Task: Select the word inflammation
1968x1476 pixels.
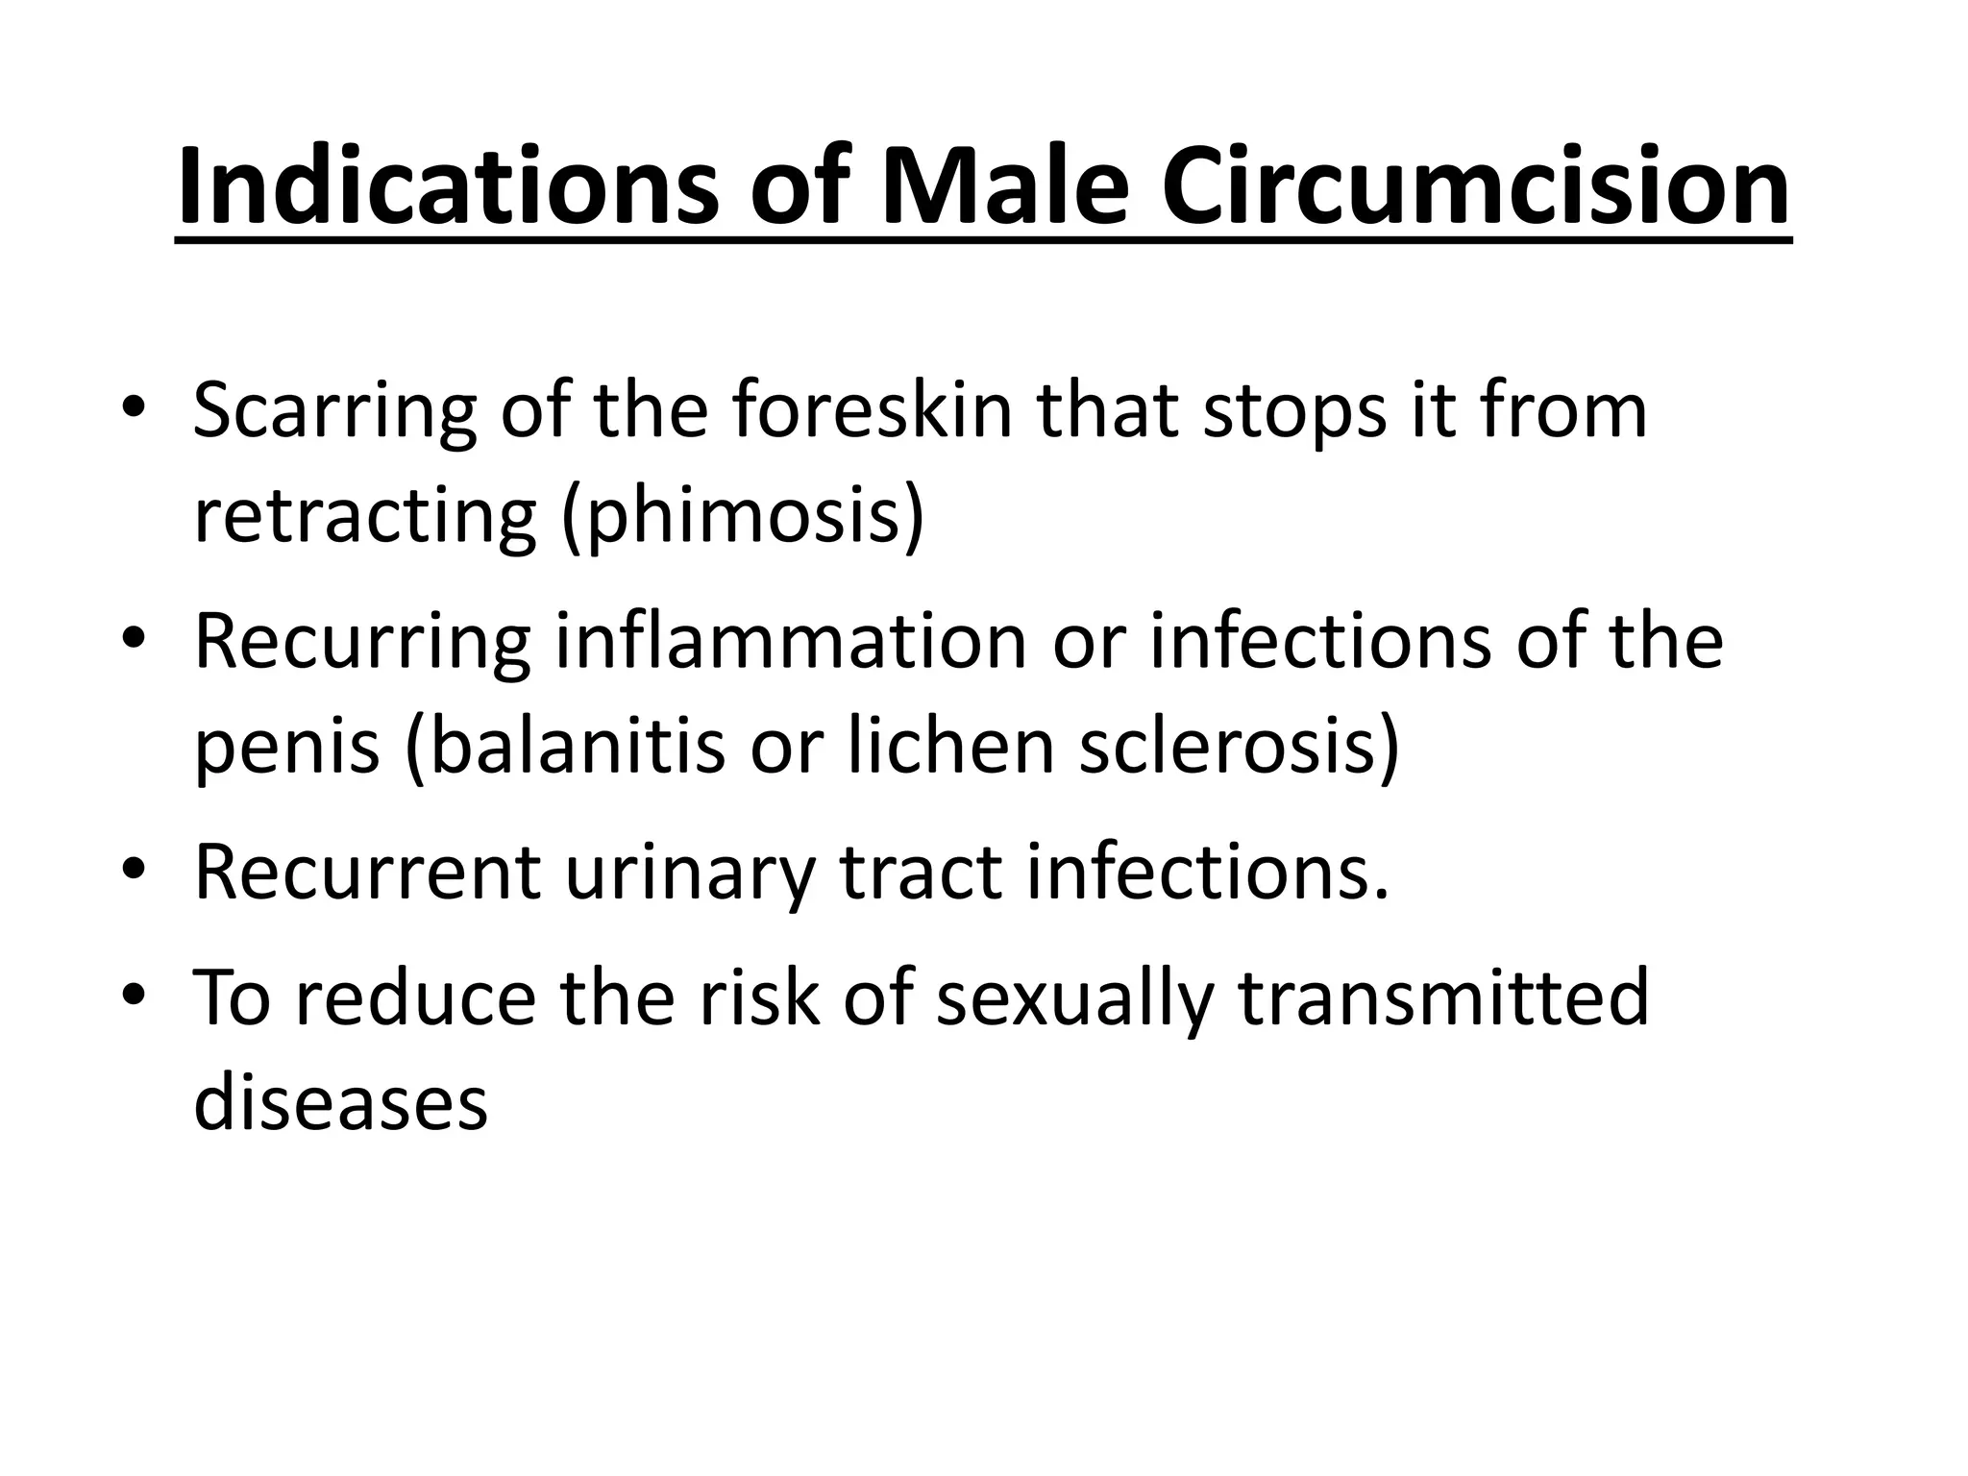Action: point(791,641)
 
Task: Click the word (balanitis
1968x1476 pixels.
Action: point(565,747)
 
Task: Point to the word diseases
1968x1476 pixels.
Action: point(341,1102)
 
